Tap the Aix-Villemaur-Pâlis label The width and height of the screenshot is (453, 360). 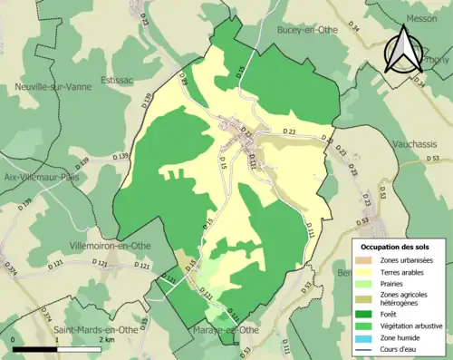coord(39,177)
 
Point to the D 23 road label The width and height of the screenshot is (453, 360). coord(289,132)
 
